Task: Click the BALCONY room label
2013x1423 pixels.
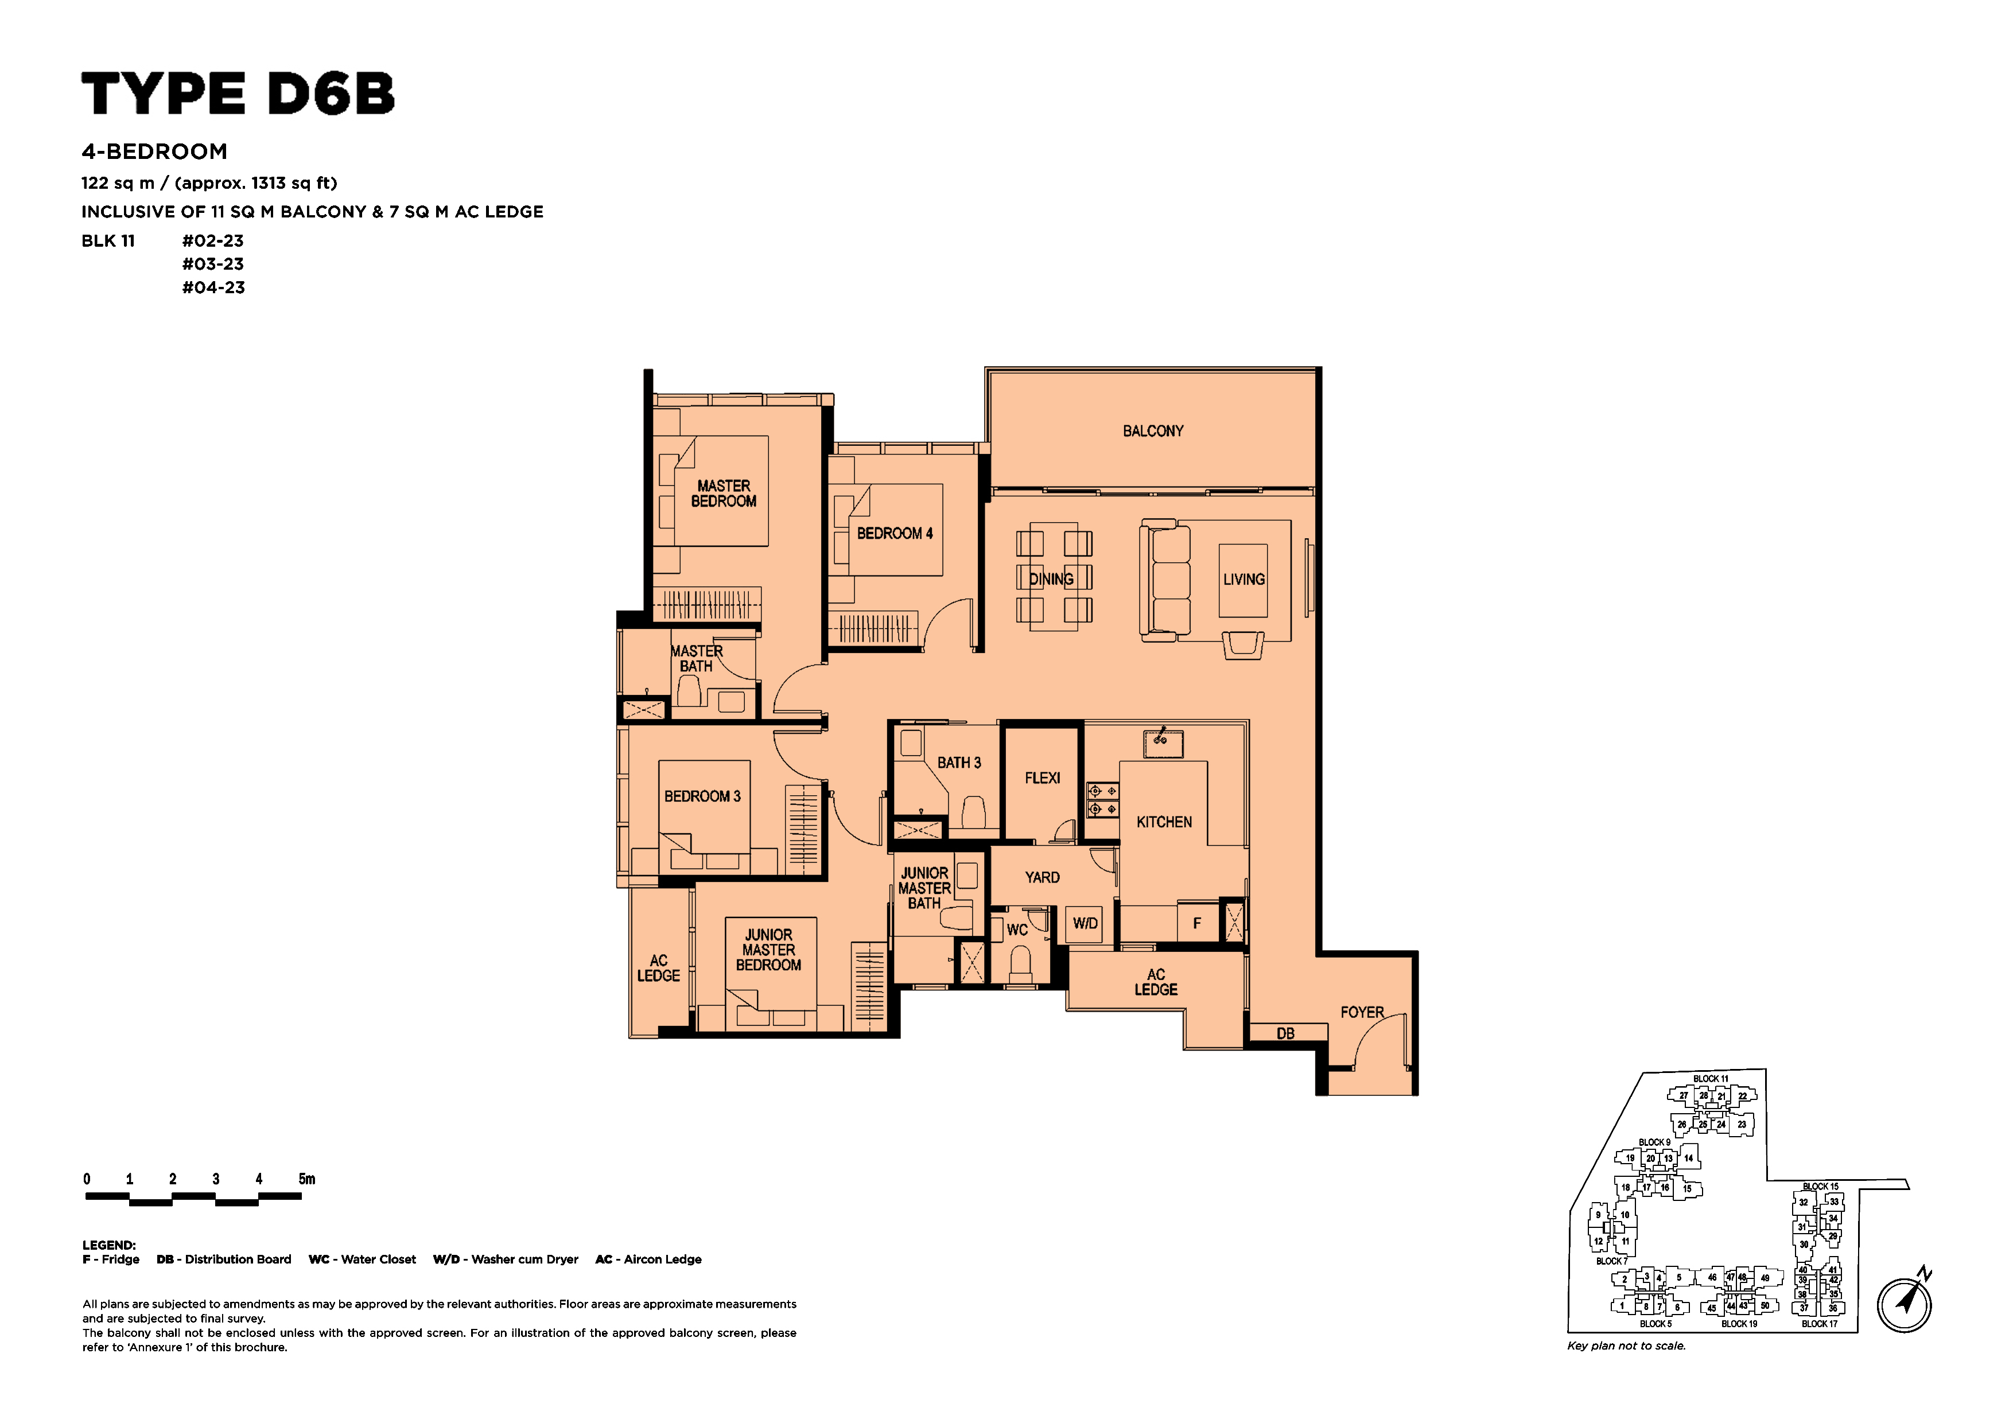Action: coord(1153,431)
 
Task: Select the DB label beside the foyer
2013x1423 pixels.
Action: coord(1285,1034)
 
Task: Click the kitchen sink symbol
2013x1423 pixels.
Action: coord(1163,742)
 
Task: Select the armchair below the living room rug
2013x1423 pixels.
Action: coord(1242,644)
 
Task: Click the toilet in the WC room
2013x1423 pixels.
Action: coord(1020,967)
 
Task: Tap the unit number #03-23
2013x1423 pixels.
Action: coord(213,264)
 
